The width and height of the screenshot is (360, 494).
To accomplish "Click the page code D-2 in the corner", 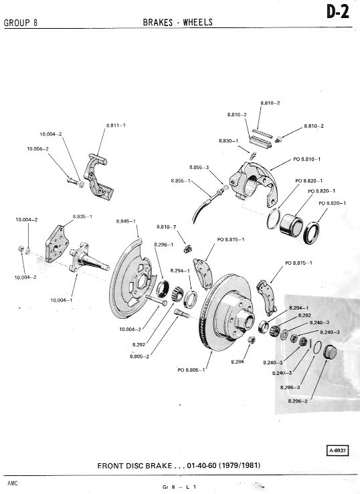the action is tap(338, 13).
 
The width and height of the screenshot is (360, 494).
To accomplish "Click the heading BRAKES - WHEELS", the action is tap(178, 22).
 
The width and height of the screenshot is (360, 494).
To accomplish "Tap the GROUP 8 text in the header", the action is tap(21, 23).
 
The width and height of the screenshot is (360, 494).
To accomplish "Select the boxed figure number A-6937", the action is tap(338, 451).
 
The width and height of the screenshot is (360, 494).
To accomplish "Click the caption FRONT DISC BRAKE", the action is tap(134, 466).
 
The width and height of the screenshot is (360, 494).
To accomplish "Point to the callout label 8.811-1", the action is tap(116, 125).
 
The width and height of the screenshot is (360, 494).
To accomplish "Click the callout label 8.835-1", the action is tap(82, 217).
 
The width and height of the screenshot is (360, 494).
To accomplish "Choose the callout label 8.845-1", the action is tap(126, 221).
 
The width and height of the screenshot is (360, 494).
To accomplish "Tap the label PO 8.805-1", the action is tap(191, 370).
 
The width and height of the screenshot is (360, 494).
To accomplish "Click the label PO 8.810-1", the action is tap(306, 159).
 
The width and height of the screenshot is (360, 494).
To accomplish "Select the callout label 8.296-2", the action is tap(298, 400).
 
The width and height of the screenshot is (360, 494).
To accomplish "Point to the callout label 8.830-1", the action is tap(229, 140).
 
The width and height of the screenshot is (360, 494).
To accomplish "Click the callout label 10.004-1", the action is tap(62, 300).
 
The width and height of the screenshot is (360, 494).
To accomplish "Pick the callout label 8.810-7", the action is tap(167, 227).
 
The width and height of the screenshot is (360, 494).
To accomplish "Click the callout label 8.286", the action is tap(238, 362).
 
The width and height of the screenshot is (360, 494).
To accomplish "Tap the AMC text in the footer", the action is tap(13, 483).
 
